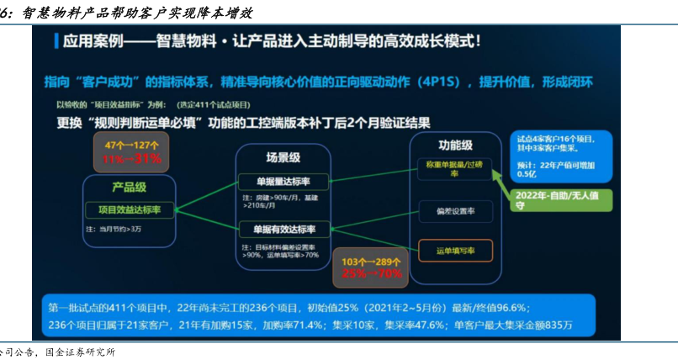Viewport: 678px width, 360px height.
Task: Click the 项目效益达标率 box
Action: pyautogui.click(x=130, y=209)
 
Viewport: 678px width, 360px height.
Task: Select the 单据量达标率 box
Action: pyautogui.click(x=278, y=182)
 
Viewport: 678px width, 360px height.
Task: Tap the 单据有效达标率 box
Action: pyautogui.click(x=278, y=230)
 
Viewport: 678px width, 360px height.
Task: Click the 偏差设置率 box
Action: pyautogui.click(x=454, y=212)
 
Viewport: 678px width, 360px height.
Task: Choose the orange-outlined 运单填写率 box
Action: pyautogui.click(x=454, y=250)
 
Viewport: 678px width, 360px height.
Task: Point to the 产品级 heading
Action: pyautogui.click(x=130, y=187)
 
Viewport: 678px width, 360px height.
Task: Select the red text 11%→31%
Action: pyautogui.click(x=131, y=159)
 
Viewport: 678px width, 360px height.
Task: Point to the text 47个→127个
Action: pyautogui.click(x=131, y=146)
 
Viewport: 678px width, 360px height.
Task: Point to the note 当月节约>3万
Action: pyautogui.click(x=113, y=227)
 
